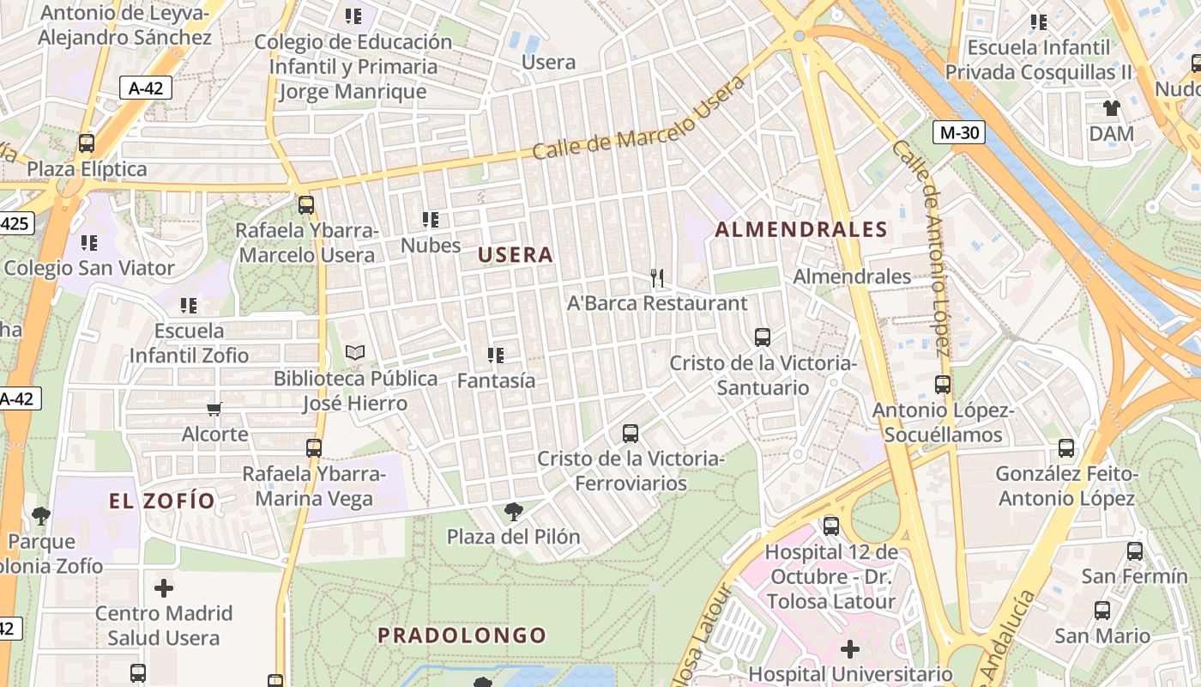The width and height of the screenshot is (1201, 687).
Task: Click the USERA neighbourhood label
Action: point(516,255)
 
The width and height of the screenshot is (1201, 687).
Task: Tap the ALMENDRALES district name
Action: point(801,229)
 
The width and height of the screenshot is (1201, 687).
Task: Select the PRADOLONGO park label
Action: point(462,635)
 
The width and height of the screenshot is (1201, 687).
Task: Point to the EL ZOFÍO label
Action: point(161,501)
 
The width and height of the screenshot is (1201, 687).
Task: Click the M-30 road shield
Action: point(959,132)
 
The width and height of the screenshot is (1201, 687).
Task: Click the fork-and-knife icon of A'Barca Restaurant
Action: point(657,277)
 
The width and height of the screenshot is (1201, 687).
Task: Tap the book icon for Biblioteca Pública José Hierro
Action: point(355,352)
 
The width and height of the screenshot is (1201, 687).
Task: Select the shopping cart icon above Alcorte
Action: point(214,409)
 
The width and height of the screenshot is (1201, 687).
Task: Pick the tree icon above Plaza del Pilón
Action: point(513,512)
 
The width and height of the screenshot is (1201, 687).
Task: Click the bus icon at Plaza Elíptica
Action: point(87,143)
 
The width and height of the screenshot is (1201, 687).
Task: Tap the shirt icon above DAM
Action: point(1112,108)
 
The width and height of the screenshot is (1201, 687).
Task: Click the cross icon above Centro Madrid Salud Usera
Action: point(163,588)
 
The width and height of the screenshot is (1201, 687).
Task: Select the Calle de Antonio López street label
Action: point(921,247)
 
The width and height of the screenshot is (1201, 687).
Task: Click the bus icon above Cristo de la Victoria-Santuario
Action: point(762,337)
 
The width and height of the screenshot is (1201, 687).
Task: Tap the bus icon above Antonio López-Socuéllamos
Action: point(943,385)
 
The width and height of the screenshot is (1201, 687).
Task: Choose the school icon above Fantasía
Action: point(495,355)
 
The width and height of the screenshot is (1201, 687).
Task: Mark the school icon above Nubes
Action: point(431,220)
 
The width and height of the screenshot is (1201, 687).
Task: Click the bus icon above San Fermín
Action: point(1134,551)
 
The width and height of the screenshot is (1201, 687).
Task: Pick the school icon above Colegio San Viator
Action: point(89,243)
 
